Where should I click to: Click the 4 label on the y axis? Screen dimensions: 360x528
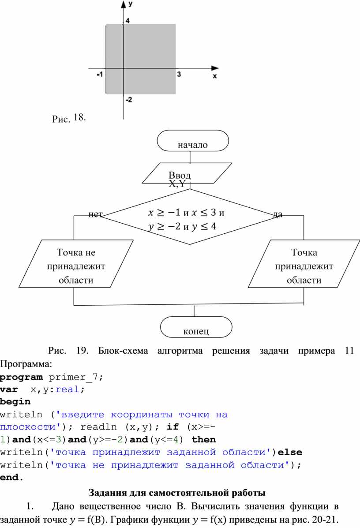[x=127, y=21]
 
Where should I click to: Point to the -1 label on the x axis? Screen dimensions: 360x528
[x=100, y=74]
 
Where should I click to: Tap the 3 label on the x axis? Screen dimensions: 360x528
[x=179, y=74]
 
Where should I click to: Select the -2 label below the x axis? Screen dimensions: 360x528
[x=129, y=100]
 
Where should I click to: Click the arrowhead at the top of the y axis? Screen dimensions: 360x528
[x=123, y=4]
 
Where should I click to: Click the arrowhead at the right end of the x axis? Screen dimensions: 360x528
[x=215, y=68]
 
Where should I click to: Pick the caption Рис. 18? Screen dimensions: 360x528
[x=69, y=118]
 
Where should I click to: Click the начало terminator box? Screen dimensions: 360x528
[x=193, y=141]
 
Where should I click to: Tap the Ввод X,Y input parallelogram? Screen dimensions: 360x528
[x=187, y=173]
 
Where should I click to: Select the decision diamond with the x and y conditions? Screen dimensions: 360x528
[x=189, y=217]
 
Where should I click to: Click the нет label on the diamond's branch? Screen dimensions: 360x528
[x=95, y=214]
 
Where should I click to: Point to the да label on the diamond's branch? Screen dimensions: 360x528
[x=277, y=214]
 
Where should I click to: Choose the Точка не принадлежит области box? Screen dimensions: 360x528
[x=76, y=264]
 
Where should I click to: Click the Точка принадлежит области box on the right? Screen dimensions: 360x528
[x=304, y=264]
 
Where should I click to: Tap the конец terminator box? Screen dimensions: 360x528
[x=196, y=327]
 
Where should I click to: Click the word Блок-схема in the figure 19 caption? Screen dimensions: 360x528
[x=123, y=351]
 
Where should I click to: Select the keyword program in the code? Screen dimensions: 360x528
[x=22, y=377]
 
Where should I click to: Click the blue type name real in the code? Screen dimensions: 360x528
[x=67, y=389]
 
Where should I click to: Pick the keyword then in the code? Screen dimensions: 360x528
[x=204, y=439]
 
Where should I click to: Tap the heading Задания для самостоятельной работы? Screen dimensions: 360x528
[x=177, y=493]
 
